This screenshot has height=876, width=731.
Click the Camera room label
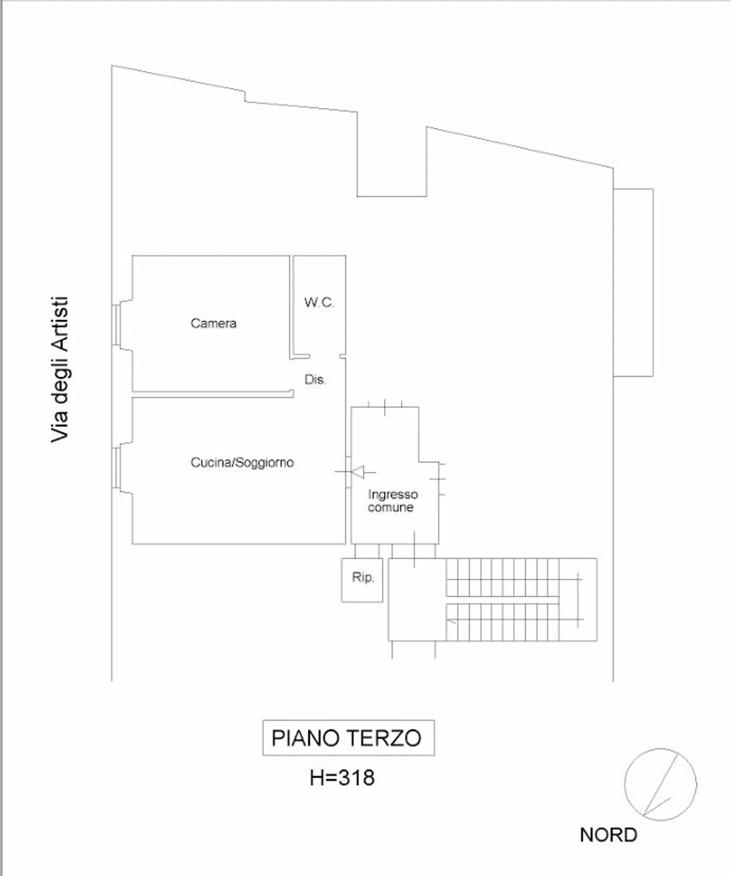coord(214,323)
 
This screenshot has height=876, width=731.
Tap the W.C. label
coord(319,302)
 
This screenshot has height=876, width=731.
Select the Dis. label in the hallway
coord(315,379)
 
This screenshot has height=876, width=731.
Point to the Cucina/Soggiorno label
coord(242,463)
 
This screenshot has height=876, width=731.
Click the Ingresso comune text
coord(392,501)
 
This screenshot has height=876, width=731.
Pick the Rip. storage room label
coord(363,578)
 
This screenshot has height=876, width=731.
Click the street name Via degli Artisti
coord(60,370)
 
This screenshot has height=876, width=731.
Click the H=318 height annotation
coord(342,777)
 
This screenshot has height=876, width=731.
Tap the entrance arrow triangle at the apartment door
coord(358,472)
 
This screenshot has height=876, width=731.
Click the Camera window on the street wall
coord(116,324)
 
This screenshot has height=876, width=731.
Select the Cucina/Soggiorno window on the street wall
coord(116,468)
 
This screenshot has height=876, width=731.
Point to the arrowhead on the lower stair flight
coord(450,620)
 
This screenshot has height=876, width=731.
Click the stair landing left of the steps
coord(417,600)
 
